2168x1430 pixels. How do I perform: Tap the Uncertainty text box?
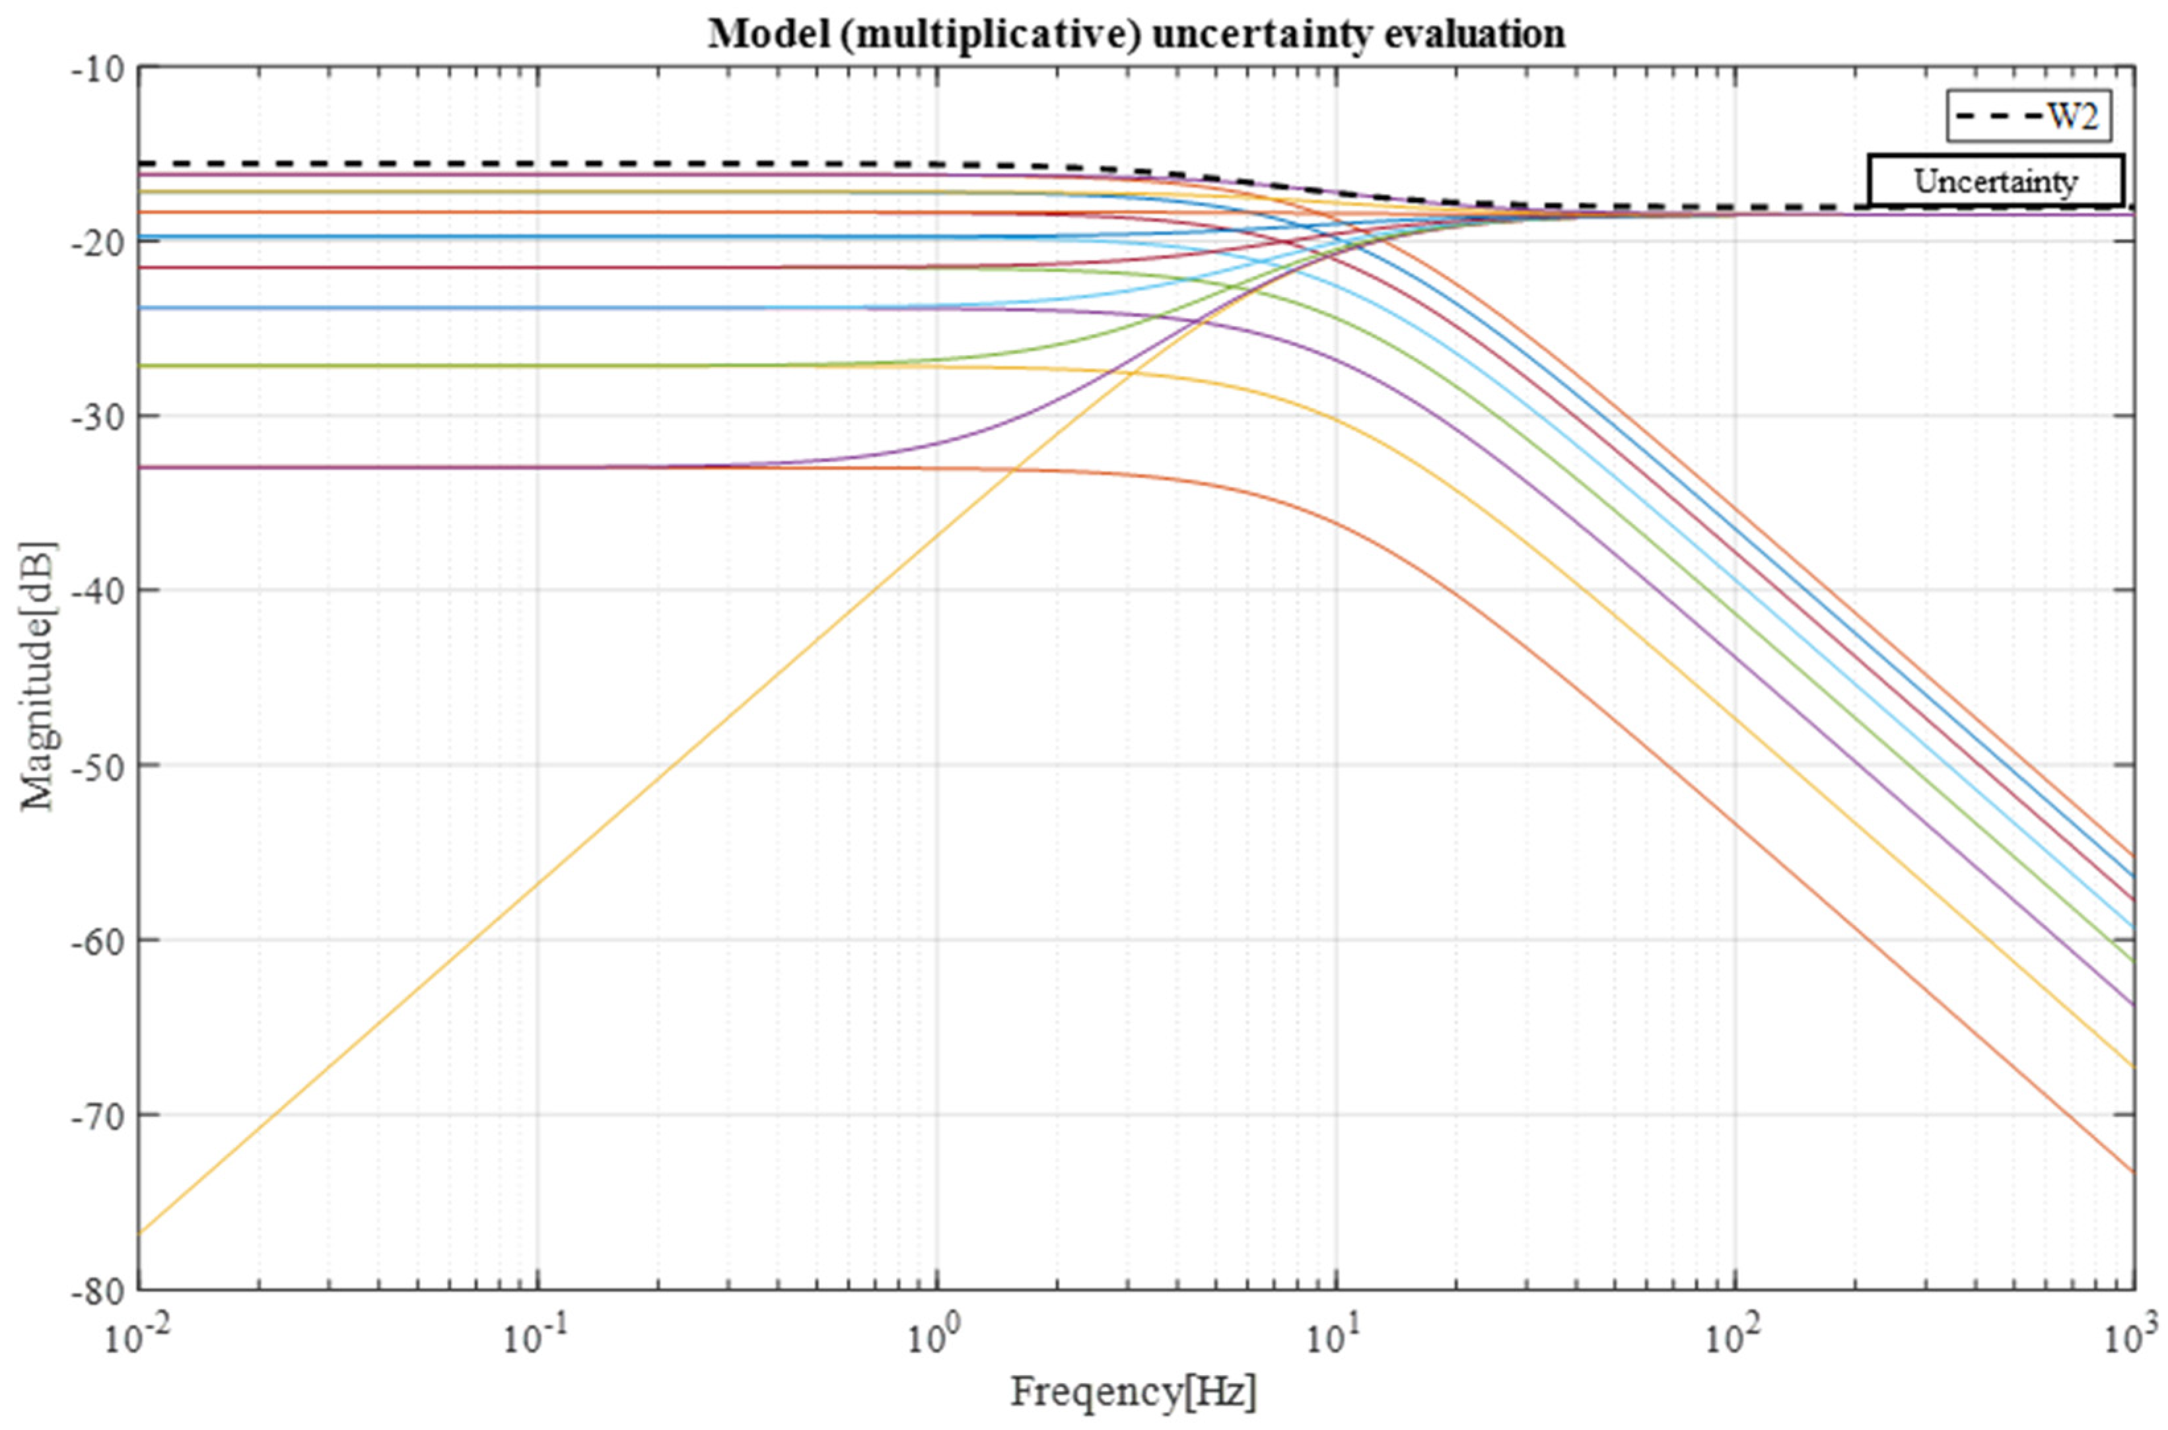1995,182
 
